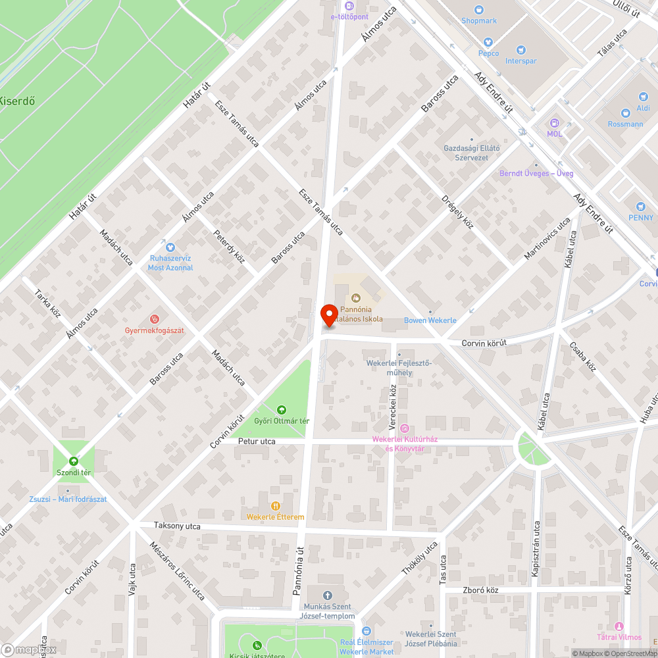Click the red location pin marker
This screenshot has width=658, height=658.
[x=328, y=315]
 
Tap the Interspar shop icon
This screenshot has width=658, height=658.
[x=521, y=50]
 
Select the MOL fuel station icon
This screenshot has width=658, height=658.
[x=555, y=123]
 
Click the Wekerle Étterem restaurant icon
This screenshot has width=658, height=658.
[x=275, y=506]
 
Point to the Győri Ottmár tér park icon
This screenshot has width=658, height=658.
[x=282, y=411]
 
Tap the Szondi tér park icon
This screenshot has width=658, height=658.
[x=73, y=462]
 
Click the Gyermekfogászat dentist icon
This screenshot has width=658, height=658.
[x=155, y=319]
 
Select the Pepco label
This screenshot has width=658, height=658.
[x=488, y=53]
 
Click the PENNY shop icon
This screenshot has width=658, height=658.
[x=641, y=207]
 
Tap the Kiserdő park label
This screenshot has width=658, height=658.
[x=16, y=101]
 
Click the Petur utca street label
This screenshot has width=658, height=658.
[x=257, y=442]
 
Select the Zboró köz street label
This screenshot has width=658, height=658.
[x=480, y=590]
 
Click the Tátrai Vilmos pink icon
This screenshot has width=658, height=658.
[x=619, y=626]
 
